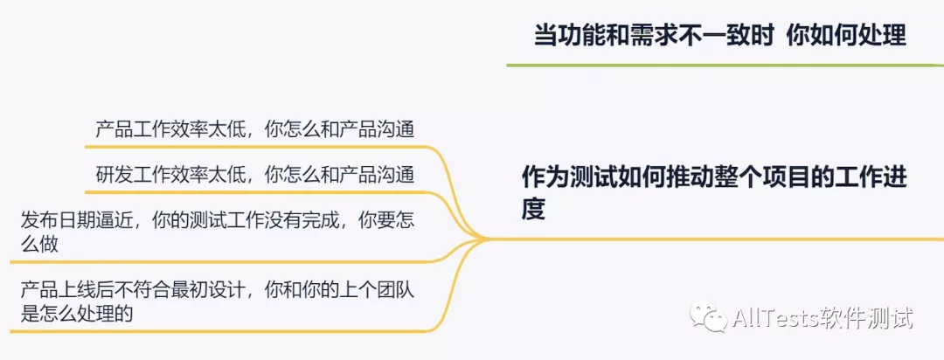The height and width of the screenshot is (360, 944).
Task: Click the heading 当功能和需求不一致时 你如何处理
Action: (719, 34)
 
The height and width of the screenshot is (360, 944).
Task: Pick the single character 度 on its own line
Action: (533, 210)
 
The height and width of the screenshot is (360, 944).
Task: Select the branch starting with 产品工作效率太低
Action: (253, 129)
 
